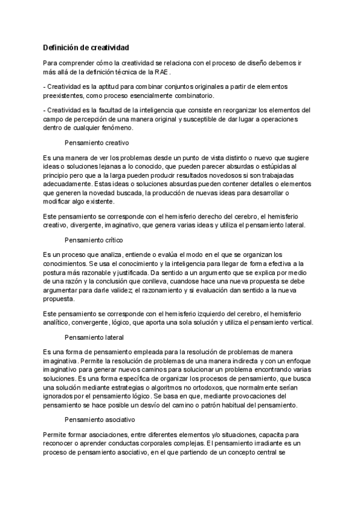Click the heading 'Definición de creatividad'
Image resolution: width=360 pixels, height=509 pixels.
click(85, 47)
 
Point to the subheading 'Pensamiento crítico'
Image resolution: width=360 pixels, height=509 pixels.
click(97, 239)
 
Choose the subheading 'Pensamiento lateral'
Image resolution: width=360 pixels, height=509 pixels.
click(97, 337)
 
